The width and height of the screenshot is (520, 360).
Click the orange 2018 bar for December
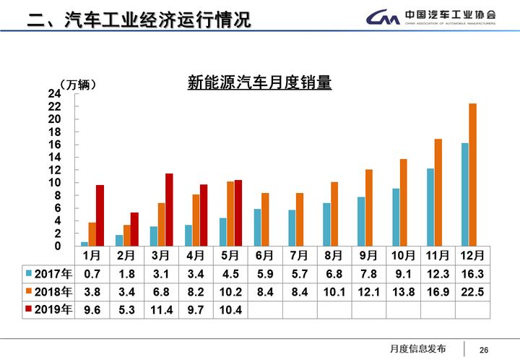click(x=472, y=175)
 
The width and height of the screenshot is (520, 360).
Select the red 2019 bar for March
click(x=169, y=210)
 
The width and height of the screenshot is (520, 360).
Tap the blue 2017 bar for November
click(x=430, y=207)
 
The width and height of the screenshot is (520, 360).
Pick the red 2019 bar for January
click(x=100, y=215)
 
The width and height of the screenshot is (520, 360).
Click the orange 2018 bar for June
click(x=266, y=220)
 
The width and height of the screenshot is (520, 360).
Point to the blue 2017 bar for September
click(x=361, y=221)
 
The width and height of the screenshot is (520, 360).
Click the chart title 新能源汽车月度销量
click(x=259, y=84)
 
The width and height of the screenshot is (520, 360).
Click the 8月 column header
click(x=334, y=255)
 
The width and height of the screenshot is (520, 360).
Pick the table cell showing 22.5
click(x=472, y=291)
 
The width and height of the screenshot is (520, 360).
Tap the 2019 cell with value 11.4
click(x=160, y=309)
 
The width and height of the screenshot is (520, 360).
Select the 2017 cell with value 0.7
click(x=91, y=273)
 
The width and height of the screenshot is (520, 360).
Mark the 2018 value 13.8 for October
click(x=403, y=291)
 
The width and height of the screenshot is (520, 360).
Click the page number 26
click(x=484, y=350)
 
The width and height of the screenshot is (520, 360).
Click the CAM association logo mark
click(x=382, y=17)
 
